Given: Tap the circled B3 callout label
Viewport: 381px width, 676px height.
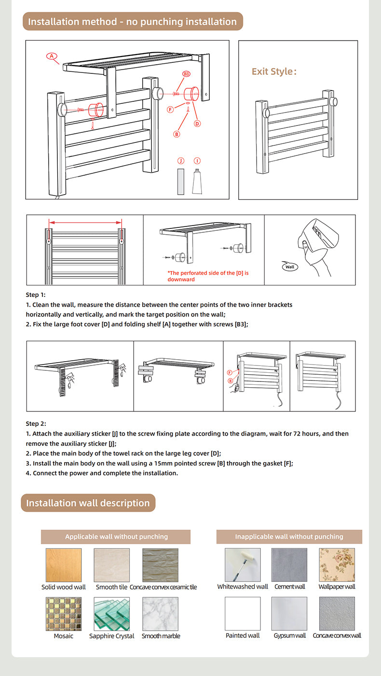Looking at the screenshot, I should (186, 74).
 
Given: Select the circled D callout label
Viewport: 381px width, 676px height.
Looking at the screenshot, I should (197, 124).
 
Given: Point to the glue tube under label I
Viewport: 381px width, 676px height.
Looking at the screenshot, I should (197, 182).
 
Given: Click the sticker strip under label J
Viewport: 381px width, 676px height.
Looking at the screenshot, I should (180, 182).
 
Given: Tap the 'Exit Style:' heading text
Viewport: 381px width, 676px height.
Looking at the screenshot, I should (274, 71).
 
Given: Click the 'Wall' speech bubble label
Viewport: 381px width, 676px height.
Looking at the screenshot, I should (289, 267).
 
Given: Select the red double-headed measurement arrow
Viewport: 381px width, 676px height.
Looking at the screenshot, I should (85, 223).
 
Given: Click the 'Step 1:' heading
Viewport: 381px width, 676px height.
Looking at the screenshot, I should (36, 295).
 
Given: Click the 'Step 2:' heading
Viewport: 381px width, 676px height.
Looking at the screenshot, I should (36, 423).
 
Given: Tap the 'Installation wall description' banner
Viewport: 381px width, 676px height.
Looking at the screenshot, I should (88, 503).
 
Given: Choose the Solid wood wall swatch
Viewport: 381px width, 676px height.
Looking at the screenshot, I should (64, 565).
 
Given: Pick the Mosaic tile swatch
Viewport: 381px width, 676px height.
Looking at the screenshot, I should (64, 614).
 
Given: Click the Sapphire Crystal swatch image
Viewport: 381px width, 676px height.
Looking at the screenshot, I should (112, 614).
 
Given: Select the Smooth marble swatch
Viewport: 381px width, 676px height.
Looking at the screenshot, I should (161, 614).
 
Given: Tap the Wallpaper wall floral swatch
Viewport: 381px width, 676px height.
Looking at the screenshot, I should (337, 565).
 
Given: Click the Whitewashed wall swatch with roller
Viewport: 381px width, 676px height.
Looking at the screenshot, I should (243, 565).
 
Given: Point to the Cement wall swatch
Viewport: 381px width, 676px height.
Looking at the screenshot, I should (289, 565).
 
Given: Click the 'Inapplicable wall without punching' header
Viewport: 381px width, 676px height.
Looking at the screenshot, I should (289, 536).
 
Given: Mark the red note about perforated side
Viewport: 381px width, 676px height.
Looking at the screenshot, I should (208, 276).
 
